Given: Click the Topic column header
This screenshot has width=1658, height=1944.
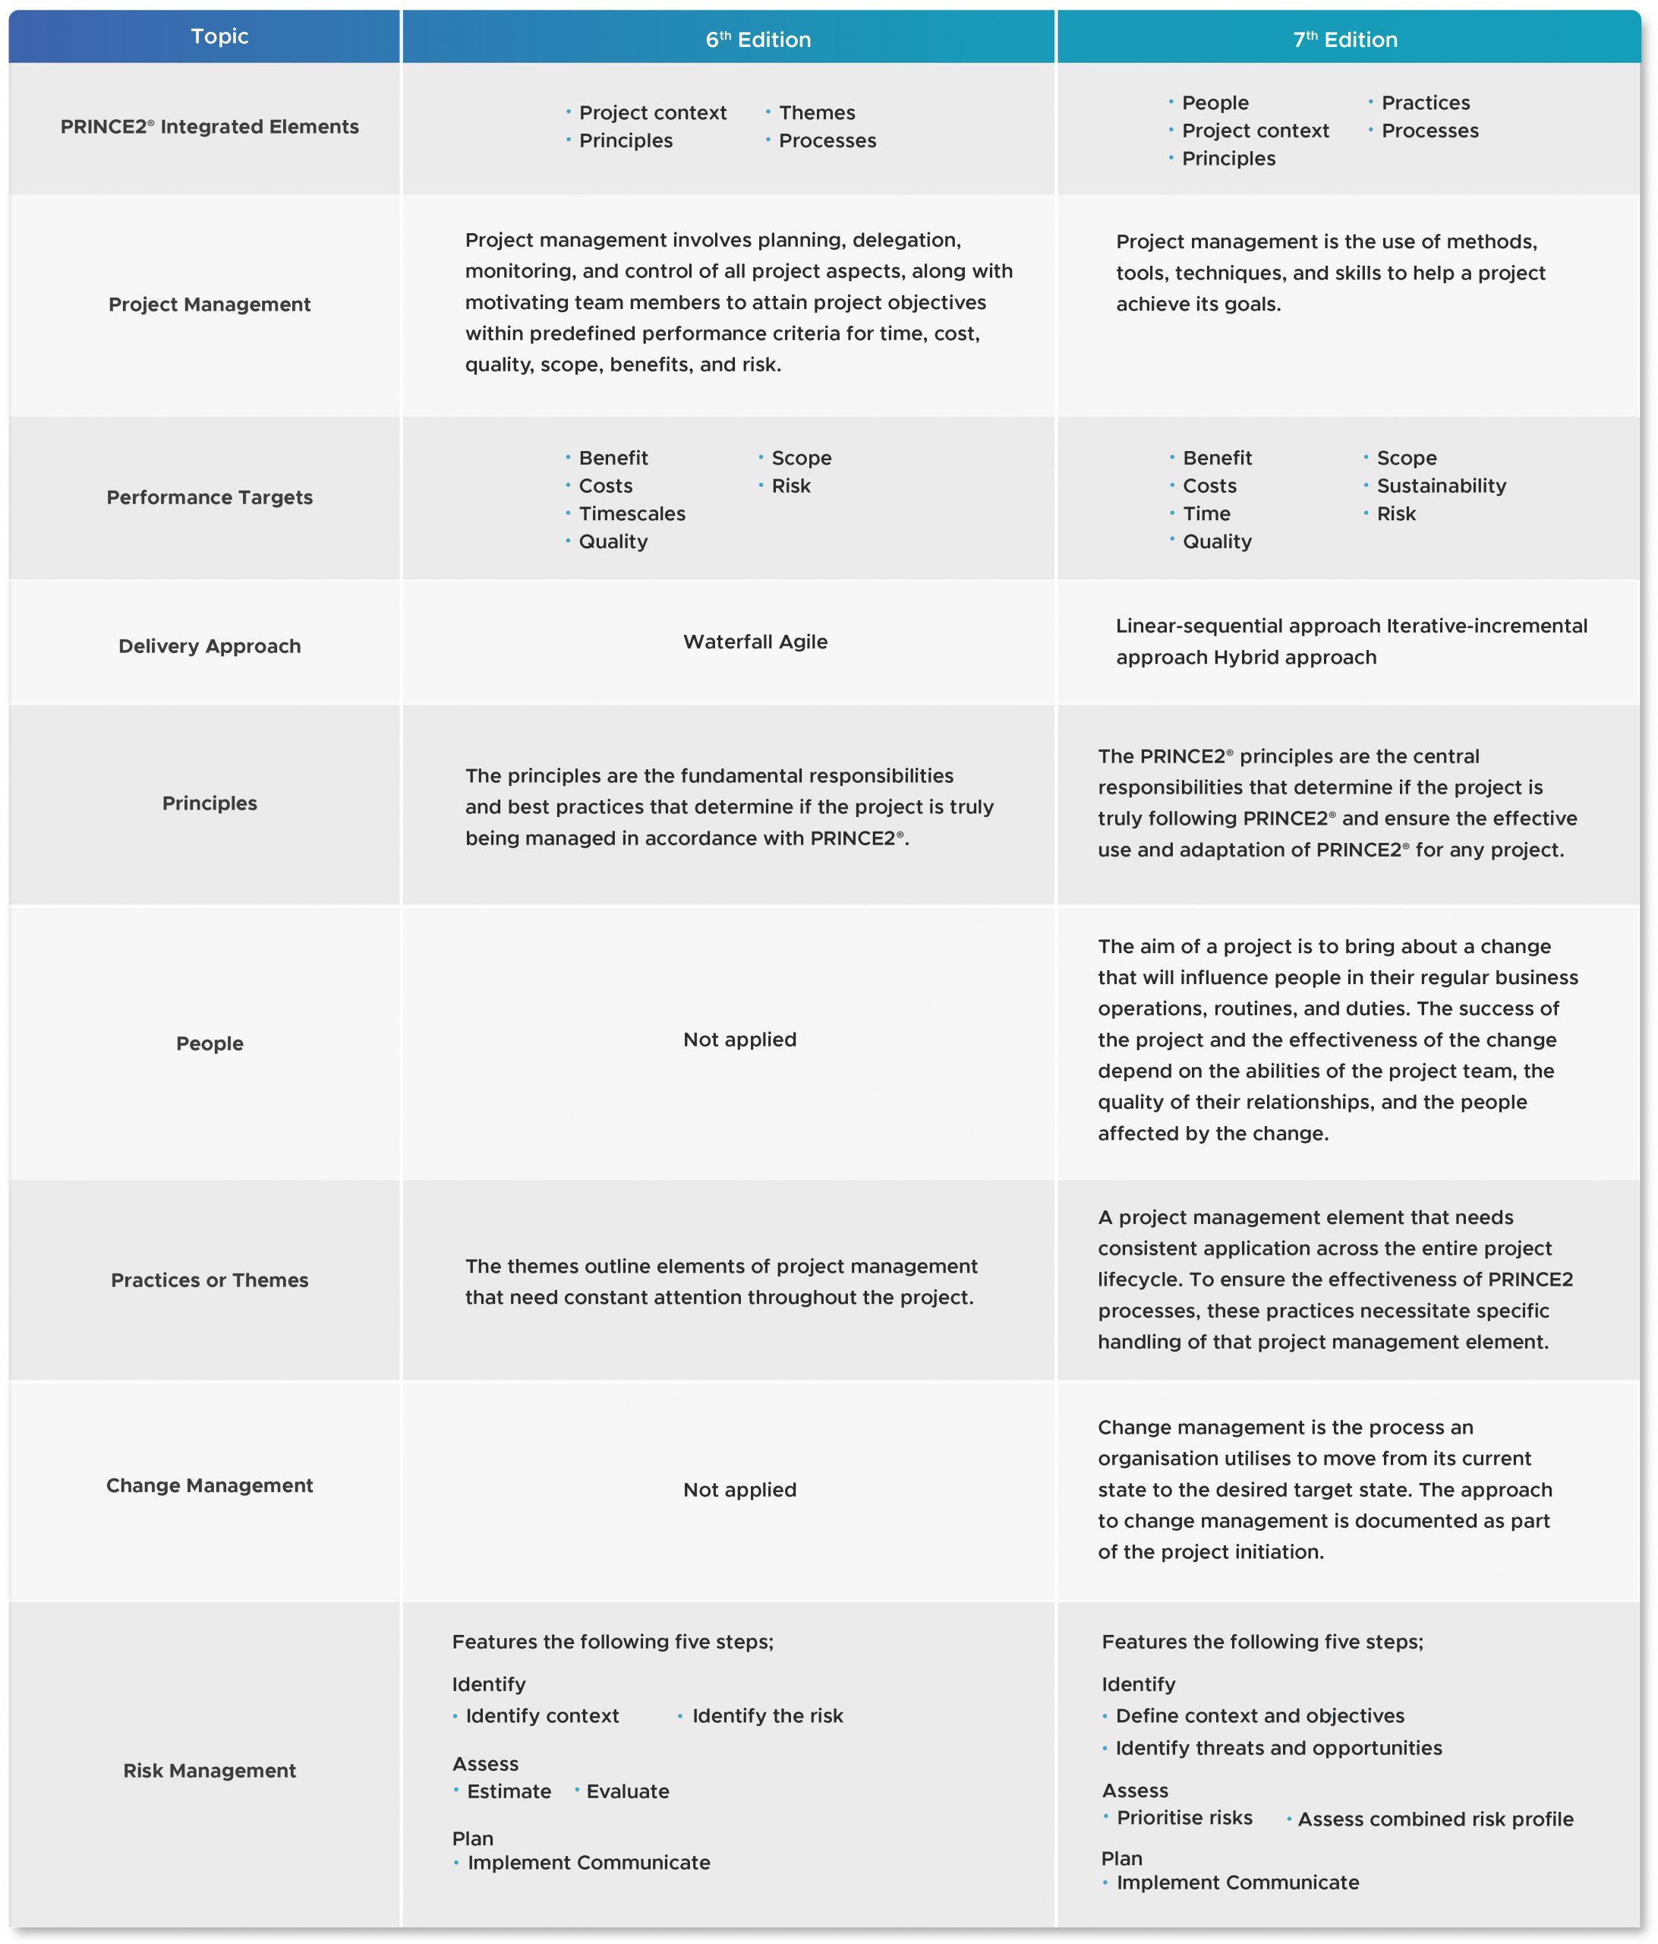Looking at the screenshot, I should (x=219, y=36).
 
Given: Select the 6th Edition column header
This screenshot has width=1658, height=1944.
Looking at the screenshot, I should (x=758, y=39).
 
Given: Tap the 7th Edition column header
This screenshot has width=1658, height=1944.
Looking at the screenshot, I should (x=1344, y=39).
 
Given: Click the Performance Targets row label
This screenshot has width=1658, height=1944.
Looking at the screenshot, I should (x=209, y=497).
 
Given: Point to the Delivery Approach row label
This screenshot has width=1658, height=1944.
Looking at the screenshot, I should (x=209, y=646).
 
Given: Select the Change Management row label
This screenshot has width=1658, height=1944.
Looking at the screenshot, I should (x=209, y=1485).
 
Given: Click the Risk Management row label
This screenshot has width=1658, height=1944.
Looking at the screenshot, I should (x=209, y=1770).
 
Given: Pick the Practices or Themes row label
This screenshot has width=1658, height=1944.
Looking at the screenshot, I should (x=209, y=1280).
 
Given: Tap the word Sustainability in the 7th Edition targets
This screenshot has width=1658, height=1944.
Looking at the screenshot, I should (x=1440, y=486).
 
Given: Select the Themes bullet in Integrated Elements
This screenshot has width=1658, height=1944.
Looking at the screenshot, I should (x=816, y=112).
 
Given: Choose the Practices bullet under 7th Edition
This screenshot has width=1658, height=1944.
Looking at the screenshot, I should (x=1424, y=103).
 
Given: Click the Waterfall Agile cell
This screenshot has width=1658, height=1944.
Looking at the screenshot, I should (x=755, y=642).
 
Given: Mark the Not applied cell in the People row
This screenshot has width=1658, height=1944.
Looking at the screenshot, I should (x=739, y=1040).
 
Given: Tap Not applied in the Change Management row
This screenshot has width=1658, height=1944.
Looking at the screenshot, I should (x=739, y=1490).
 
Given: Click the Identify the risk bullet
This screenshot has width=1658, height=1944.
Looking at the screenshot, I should (x=767, y=1716).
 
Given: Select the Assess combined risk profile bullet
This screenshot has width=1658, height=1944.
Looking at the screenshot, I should (x=1435, y=1819).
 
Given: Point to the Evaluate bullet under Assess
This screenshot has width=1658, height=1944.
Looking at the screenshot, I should (x=627, y=1791).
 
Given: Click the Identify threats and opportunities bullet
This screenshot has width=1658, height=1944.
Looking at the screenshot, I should (x=1278, y=1748).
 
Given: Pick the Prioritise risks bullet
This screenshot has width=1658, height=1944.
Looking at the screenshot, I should (x=1184, y=1817).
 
